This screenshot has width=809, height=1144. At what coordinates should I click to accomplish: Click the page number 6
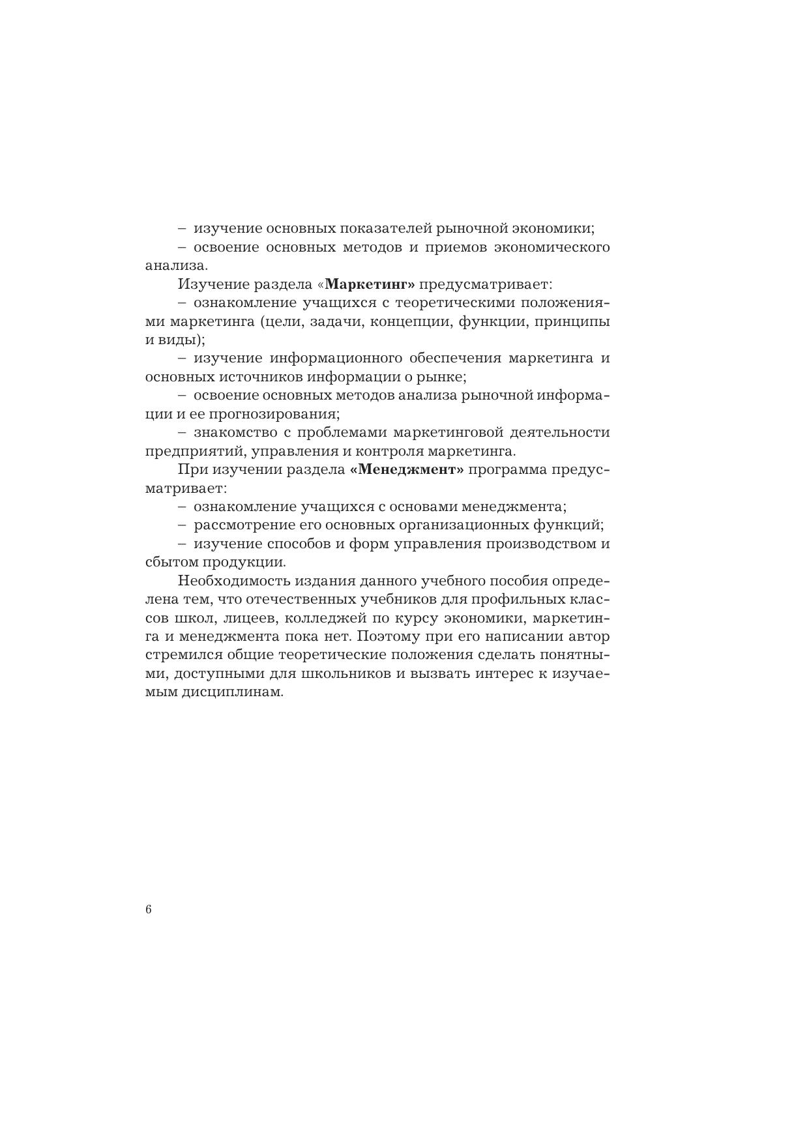pos(149,910)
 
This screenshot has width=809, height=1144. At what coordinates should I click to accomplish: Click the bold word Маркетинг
pos(370,284)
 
